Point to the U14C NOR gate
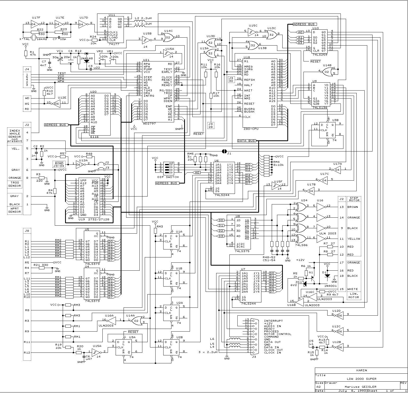(169, 38)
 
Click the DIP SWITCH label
(168, 177)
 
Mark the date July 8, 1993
(352, 391)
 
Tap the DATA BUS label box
(247, 141)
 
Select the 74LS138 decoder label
(320, 108)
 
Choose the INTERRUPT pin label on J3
(273, 321)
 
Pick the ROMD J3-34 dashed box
(59, 164)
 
